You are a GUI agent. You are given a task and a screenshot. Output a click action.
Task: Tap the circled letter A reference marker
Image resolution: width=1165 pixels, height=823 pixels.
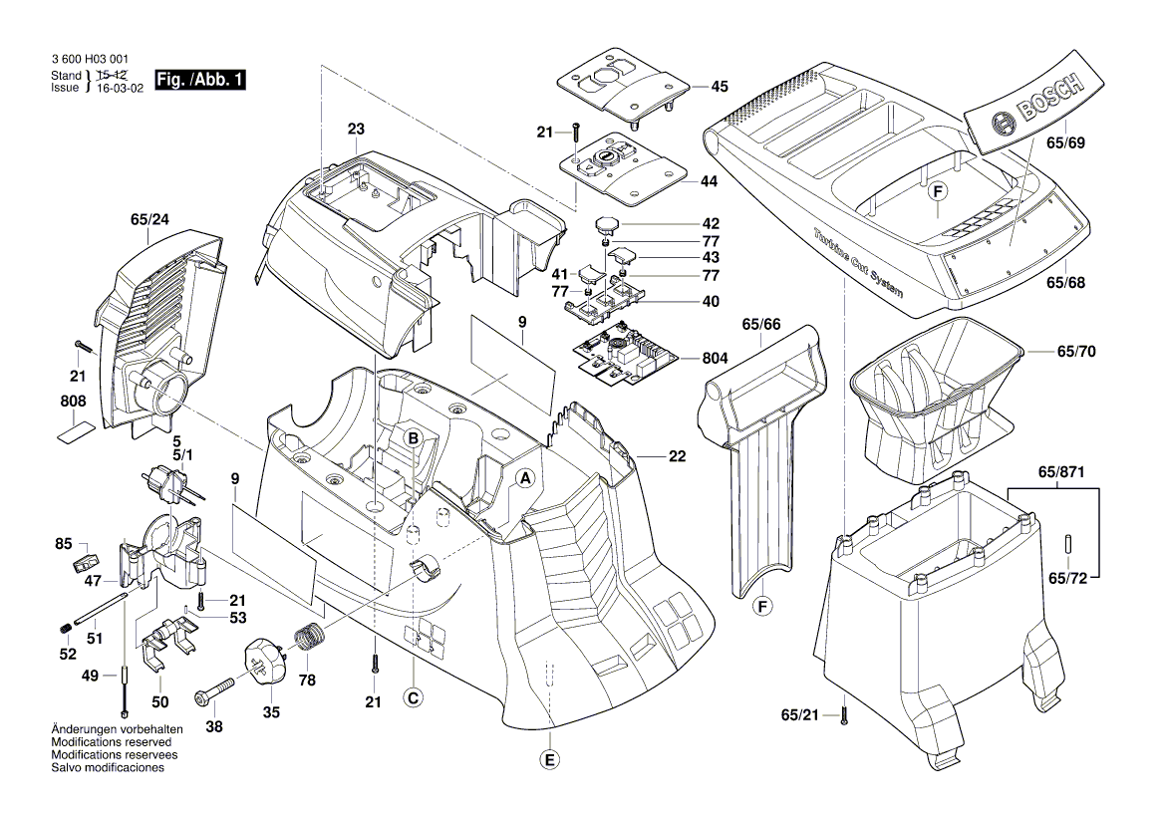[523, 478]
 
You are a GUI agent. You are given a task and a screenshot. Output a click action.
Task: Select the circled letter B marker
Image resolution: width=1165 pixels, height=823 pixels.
[412, 437]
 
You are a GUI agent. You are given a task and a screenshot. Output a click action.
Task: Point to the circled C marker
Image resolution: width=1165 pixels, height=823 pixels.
[412, 698]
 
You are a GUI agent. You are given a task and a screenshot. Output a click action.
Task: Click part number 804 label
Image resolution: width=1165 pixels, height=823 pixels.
[715, 358]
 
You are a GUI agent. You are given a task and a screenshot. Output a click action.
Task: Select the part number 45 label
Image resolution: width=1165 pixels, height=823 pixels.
[719, 87]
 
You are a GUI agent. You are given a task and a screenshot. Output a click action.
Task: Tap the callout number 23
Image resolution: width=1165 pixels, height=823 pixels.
[356, 129]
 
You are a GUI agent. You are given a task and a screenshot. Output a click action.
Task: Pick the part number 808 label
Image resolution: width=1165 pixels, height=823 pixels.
[73, 402]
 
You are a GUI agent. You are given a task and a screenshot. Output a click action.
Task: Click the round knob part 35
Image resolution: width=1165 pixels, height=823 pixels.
[267, 666]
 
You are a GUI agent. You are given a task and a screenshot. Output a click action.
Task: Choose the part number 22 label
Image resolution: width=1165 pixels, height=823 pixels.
[678, 457]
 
